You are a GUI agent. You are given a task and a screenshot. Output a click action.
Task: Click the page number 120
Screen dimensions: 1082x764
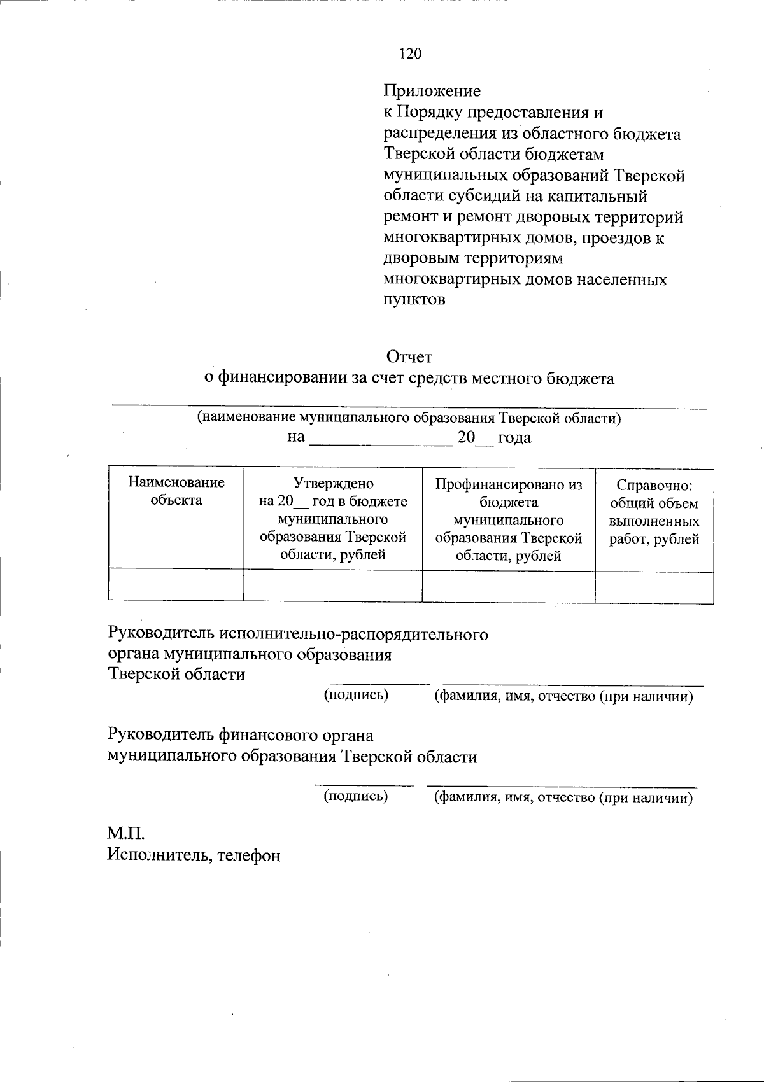(x=410, y=54)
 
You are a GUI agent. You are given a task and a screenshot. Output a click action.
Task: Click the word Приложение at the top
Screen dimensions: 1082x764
(x=432, y=91)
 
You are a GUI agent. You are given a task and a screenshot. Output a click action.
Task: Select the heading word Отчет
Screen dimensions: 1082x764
(x=409, y=357)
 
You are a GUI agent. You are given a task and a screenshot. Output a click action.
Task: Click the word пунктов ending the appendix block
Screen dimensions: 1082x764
(x=414, y=300)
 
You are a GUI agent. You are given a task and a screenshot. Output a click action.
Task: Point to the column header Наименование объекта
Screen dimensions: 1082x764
(x=176, y=491)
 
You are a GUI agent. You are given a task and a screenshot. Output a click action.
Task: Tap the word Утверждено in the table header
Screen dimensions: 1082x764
(x=333, y=483)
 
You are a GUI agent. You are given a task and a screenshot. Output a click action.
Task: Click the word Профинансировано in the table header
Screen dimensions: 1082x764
(x=509, y=484)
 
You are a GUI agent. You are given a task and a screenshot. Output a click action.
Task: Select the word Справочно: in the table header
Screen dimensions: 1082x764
(x=654, y=486)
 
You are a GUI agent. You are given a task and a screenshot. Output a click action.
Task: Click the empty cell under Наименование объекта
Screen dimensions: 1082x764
(x=176, y=586)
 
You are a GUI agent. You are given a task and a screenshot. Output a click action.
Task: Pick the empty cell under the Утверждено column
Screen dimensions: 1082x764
(x=333, y=586)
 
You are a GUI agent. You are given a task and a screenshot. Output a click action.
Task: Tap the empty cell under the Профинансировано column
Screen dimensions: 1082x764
(x=509, y=586)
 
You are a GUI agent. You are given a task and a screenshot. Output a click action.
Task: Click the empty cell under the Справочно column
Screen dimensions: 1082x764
(x=654, y=586)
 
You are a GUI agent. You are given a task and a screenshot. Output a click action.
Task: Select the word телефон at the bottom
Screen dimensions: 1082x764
(x=249, y=855)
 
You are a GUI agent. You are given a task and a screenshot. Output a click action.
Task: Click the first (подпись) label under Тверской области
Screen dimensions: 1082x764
(x=356, y=694)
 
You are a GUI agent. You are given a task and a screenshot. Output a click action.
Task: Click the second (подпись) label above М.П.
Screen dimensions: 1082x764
(x=356, y=795)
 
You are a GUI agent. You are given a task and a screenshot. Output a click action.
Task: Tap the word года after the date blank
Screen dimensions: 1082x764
(x=514, y=438)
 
